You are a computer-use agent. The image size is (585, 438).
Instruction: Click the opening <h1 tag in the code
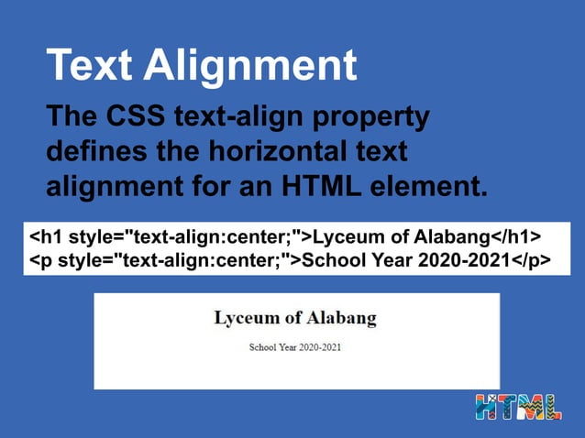point(49,236)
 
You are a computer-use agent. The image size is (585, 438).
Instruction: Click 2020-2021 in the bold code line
point(464,261)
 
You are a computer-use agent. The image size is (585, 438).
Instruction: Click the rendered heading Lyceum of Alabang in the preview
point(295,319)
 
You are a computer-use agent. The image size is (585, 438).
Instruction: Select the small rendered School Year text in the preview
point(295,348)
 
